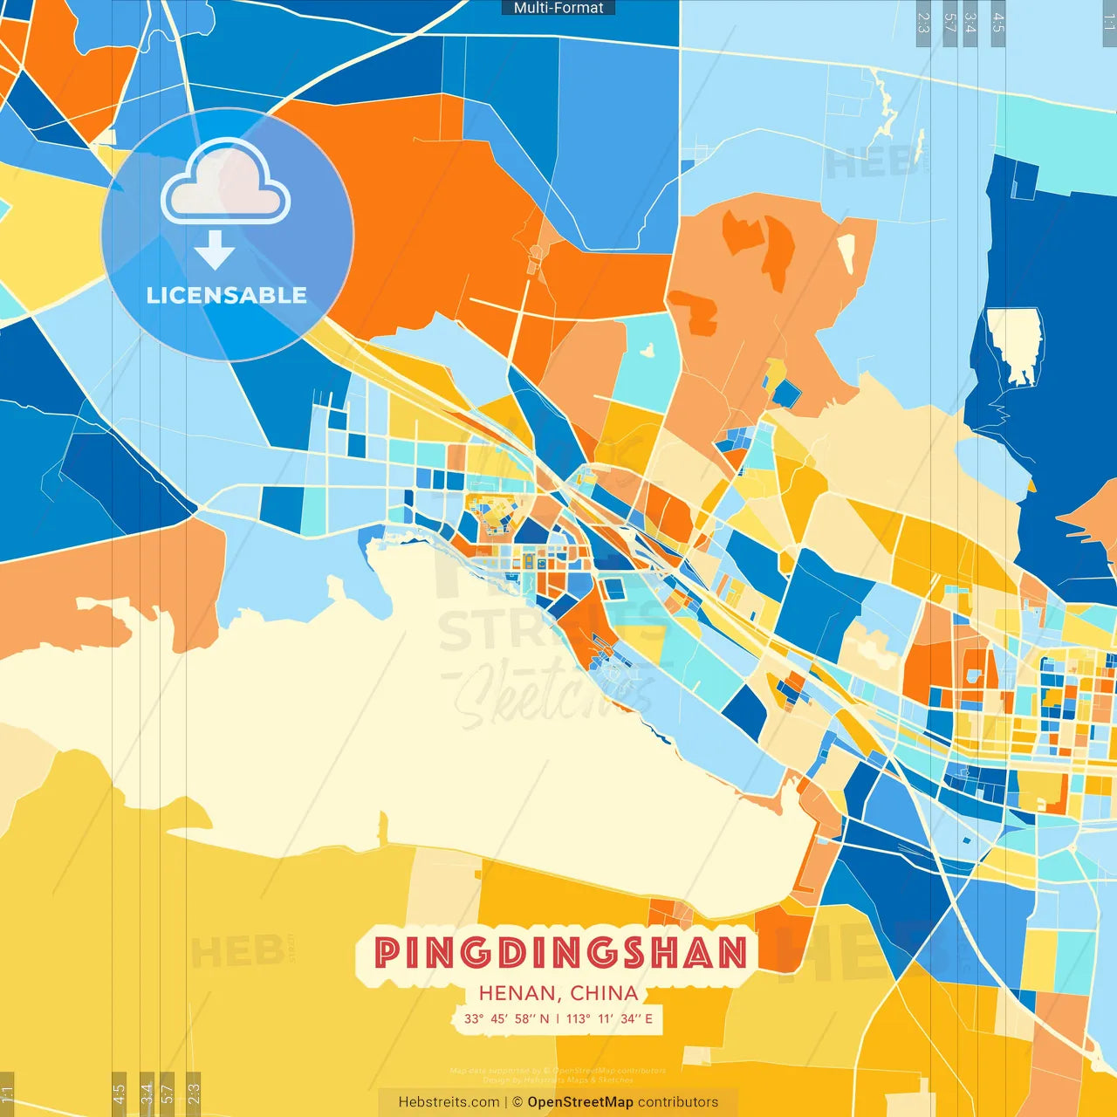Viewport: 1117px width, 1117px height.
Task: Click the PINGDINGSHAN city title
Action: pos(560,952)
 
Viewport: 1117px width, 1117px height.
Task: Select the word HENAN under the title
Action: pos(518,993)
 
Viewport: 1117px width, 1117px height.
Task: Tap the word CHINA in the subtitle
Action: pos(604,993)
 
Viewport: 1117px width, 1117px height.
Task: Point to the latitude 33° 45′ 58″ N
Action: pos(506,1018)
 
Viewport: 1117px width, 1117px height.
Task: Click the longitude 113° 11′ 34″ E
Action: pos(609,1018)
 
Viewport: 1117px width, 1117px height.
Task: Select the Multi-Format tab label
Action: pos(558,8)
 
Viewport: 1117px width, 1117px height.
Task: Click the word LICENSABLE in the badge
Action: pos(227,295)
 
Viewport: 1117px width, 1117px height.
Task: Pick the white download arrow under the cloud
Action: pos(215,250)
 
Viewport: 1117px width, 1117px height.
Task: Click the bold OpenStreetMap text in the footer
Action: pos(580,1102)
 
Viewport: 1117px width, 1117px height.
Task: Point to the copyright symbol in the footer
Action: pos(517,1102)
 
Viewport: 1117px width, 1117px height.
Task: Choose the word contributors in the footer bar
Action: pos(678,1102)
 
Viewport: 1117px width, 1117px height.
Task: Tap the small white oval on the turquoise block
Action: pos(648,351)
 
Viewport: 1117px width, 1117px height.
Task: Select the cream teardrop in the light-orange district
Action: pos(846,252)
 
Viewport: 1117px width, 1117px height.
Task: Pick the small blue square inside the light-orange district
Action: pos(786,394)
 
